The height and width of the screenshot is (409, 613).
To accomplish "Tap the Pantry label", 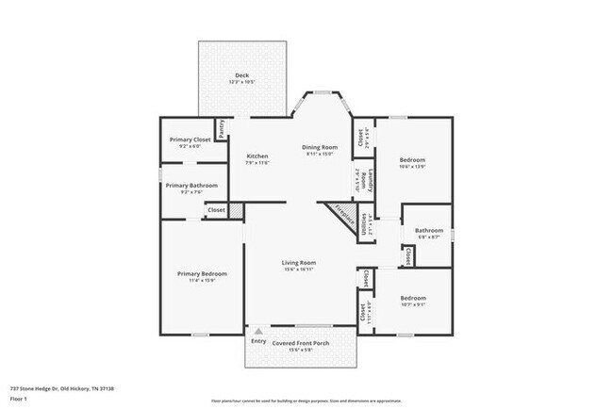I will (x=222, y=129).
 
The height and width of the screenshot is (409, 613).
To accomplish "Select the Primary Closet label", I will (x=190, y=139).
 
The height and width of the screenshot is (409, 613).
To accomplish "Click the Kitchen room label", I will (x=257, y=155).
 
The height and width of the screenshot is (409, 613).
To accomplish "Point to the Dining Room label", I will (x=320, y=147).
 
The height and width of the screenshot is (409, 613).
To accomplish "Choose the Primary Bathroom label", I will (x=191, y=186).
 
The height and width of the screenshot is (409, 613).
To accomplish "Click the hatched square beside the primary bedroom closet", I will (x=237, y=211).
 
